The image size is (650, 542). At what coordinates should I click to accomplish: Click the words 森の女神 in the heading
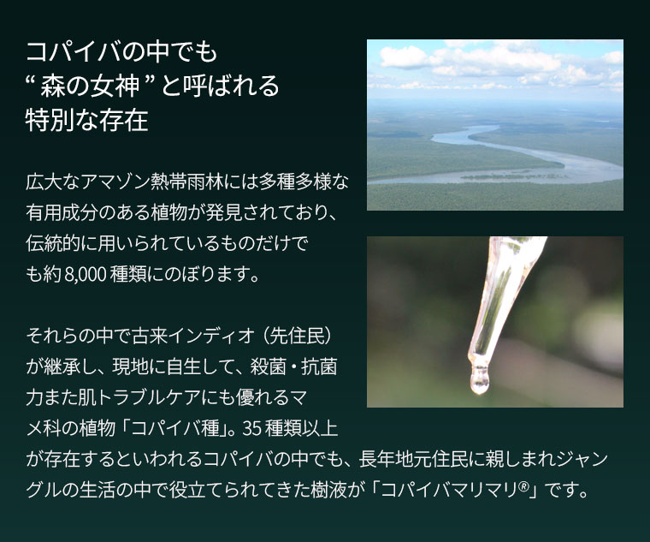coord(90,86)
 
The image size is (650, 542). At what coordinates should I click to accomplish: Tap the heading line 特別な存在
coord(86,121)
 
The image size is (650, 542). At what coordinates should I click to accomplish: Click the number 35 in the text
coord(252,429)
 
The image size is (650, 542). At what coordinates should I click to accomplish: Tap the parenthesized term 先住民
coord(298,337)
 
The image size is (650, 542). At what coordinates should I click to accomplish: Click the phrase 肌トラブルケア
coord(139,397)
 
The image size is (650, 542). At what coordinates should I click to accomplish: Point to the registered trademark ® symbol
coord(523,486)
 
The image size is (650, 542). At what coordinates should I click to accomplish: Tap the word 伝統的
coord(53,244)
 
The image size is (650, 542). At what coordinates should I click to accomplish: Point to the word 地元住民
coord(422,460)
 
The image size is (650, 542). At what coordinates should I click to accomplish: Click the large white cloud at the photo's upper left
coord(405,57)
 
